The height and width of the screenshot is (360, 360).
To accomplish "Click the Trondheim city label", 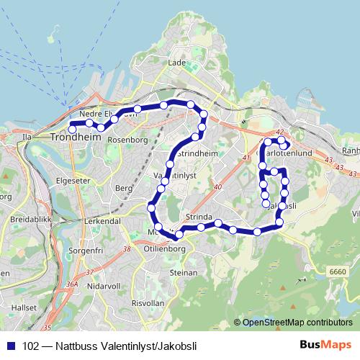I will pos(76,136).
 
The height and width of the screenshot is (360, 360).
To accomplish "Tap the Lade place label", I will pos(177,63).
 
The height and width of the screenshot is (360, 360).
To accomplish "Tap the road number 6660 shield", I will pos(336,270).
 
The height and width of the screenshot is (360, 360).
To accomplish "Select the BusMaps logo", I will pos(321,344).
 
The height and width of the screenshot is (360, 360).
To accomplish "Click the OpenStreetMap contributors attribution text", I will pos(296,323).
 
